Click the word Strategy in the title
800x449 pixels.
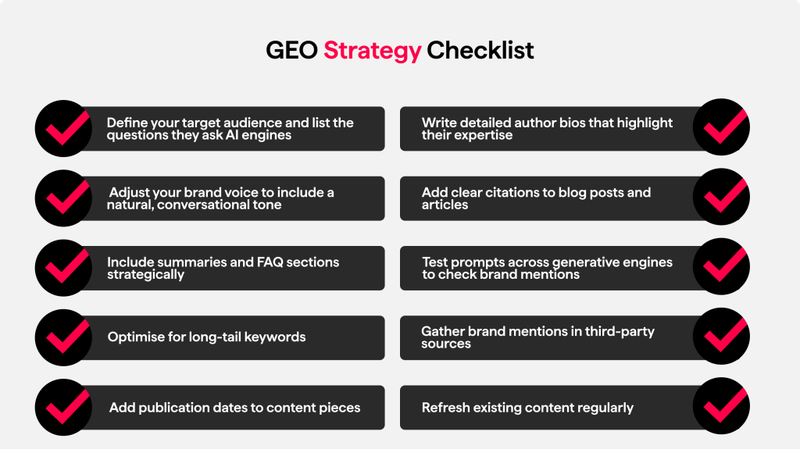(x=372, y=51)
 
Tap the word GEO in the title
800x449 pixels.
(x=292, y=51)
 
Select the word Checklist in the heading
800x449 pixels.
(x=480, y=51)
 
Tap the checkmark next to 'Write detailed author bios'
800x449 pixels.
(x=722, y=128)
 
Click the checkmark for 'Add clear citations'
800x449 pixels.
(x=722, y=198)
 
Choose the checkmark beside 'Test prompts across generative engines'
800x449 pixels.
(x=722, y=267)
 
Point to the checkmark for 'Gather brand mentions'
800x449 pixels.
(x=722, y=337)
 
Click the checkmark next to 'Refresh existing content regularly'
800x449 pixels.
(x=722, y=407)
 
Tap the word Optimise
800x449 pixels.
(x=134, y=337)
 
